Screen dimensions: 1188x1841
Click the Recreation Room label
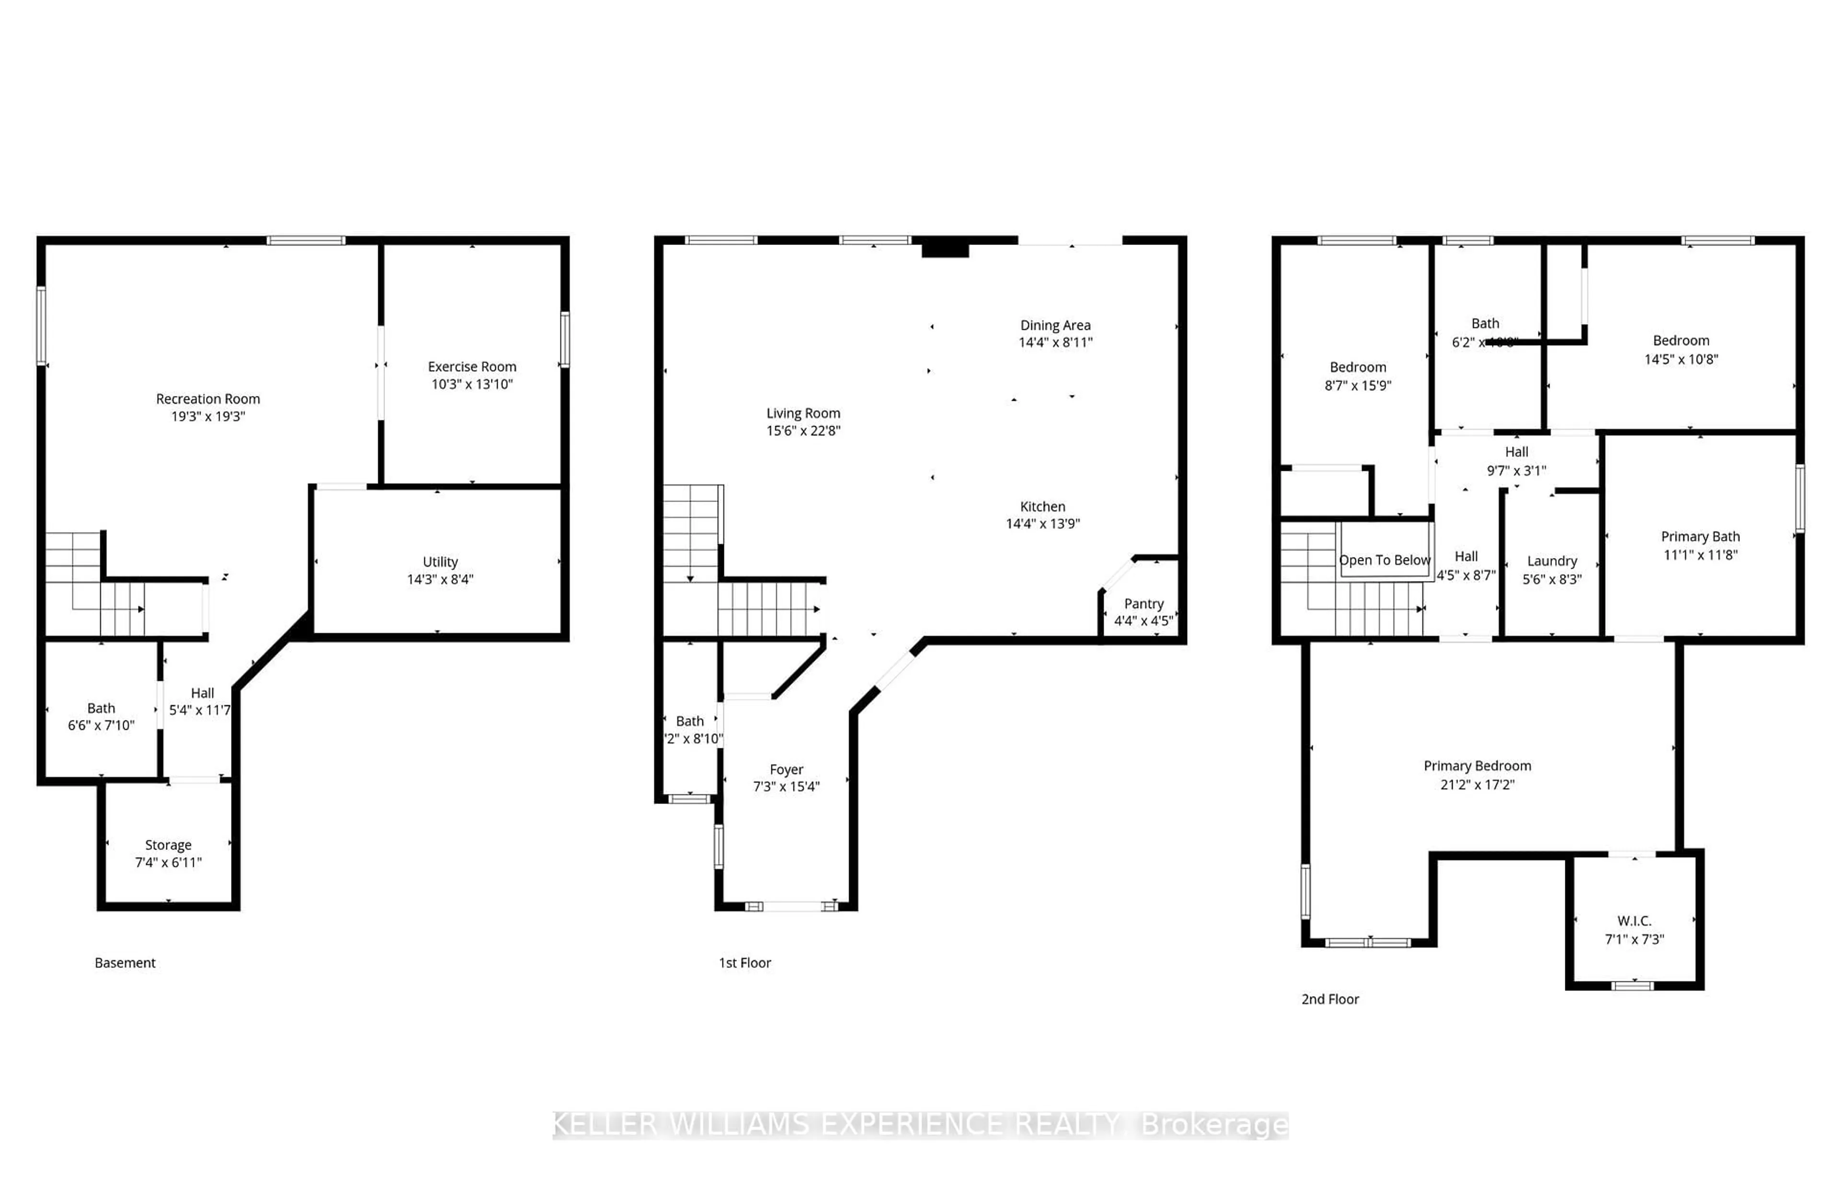tap(208, 399)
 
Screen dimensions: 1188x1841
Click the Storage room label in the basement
tap(168, 845)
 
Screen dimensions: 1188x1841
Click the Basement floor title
tap(125, 963)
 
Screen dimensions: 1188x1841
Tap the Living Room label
tap(803, 413)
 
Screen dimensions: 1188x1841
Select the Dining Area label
tap(1055, 326)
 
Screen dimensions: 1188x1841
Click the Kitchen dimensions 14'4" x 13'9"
tap(1043, 524)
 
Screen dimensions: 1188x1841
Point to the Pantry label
tap(1143, 604)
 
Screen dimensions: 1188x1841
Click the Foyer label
tap(786, 770)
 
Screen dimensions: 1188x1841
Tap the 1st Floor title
tap(744, 963)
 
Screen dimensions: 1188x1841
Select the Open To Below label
tap(1385, 560)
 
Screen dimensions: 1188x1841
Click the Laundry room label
tap(1552, 561)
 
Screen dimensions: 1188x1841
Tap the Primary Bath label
tap(1700, 537)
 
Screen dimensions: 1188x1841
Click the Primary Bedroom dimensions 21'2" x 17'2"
tap(1477, 784)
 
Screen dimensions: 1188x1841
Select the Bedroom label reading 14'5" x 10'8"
tap(1680, 341)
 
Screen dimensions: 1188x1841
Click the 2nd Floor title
tap(1329, 999)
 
